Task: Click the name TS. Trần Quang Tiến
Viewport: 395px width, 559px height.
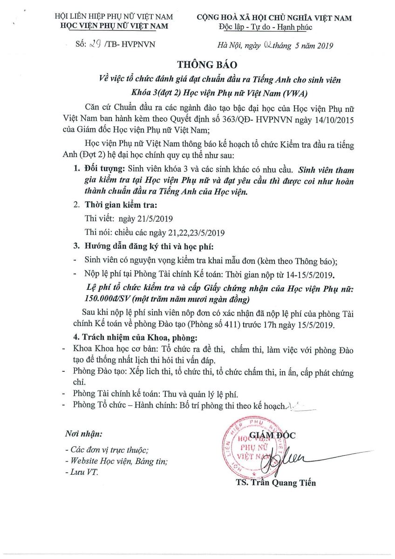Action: pos(276,483)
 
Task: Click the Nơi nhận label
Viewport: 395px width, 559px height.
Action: pos(84,434)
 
